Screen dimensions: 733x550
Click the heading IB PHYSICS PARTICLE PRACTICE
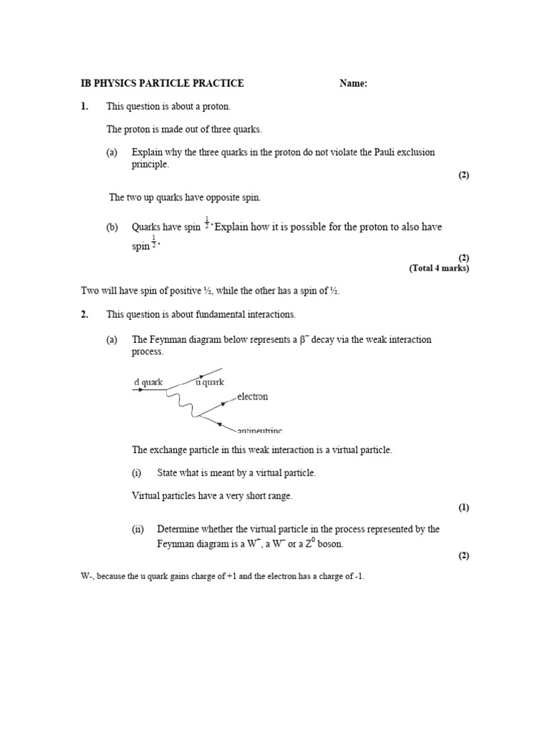[163, 84]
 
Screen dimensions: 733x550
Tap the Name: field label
[353, 84]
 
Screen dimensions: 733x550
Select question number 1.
[85, 107]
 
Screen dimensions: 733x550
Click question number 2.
[85, 314]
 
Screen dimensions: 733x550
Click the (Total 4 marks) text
[439, 268]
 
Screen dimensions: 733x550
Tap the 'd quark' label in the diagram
[148, 382]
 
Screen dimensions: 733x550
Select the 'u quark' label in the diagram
[210, 382]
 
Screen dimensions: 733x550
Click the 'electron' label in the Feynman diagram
[248, 397]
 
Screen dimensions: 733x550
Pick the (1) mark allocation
[463, 508]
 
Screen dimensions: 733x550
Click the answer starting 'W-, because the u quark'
[222, 576]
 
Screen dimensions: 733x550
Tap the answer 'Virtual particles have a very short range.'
[212, 496]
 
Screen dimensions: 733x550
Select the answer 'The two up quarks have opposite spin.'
[189, 198]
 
